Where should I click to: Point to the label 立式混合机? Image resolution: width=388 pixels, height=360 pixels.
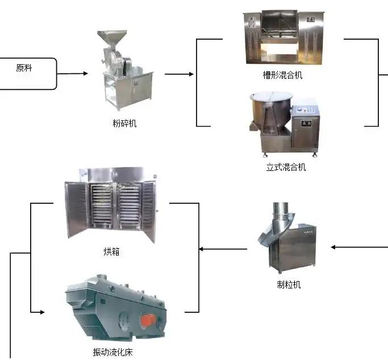(x=286, y=168)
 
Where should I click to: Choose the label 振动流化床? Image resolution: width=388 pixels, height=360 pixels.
(x=112, y=352)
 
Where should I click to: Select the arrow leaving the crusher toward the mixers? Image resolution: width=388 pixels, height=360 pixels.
(x=180, y=74)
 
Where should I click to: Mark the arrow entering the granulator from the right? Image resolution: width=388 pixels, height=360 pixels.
(x=358, y=247)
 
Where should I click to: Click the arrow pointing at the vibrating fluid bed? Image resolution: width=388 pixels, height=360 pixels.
(x=37, y=312)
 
